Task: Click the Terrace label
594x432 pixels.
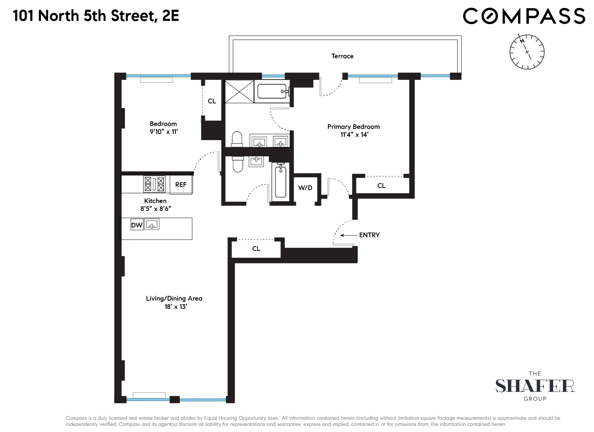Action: point(342,56)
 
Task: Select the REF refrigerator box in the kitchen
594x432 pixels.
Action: point(181,185)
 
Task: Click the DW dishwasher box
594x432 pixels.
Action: point(137,225)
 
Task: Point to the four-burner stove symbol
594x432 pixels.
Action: point(154,184)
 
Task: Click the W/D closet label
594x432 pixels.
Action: point(305,188)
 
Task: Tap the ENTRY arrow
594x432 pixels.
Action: point(347,235)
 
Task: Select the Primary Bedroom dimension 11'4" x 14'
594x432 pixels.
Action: point(354,135)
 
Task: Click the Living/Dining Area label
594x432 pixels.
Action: point(174,298)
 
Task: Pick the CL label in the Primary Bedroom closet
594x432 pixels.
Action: point(381,186)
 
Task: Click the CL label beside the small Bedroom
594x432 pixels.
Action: point(212,101)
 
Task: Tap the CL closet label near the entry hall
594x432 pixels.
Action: point(256,249)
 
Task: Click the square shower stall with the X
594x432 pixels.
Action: point(239,91)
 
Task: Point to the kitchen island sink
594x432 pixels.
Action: point(152,225)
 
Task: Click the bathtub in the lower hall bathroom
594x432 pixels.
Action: point(280,181)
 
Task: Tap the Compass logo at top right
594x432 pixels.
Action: point(524,16)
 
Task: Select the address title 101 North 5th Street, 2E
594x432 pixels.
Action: point(96,16)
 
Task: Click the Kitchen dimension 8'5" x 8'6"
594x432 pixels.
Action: point(156,208)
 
